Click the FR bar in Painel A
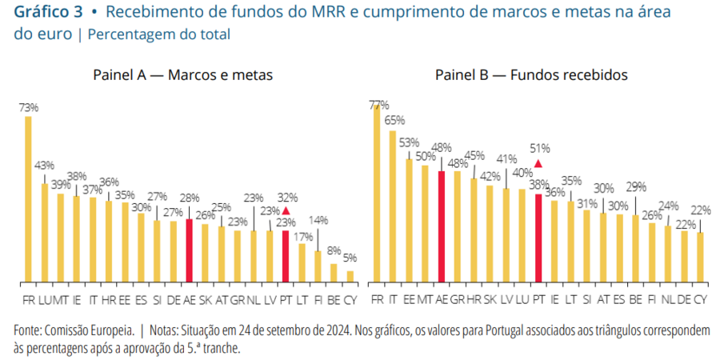pyautogui.click(x=28, y=199)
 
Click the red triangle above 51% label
pyautogui.click(x=538, y=164)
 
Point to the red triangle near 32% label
pyautogui.click(x=286, y=211)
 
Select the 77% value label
pyautogui.click(x=378, y=105)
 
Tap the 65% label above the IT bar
pyautogui.click(x=394, y=121)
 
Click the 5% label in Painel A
pyautogui.click(x=350, y=258)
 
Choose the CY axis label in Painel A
pyautogui.click(x=350, y=300)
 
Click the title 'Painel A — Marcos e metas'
pyautogui.click(x=183, y=75)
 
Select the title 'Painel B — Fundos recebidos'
pyautogui.click(x=531, y=75)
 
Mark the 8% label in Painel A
pyautogui.click(x=334, y=250)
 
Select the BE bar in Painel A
pyautogui.click(x=334, y=273)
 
